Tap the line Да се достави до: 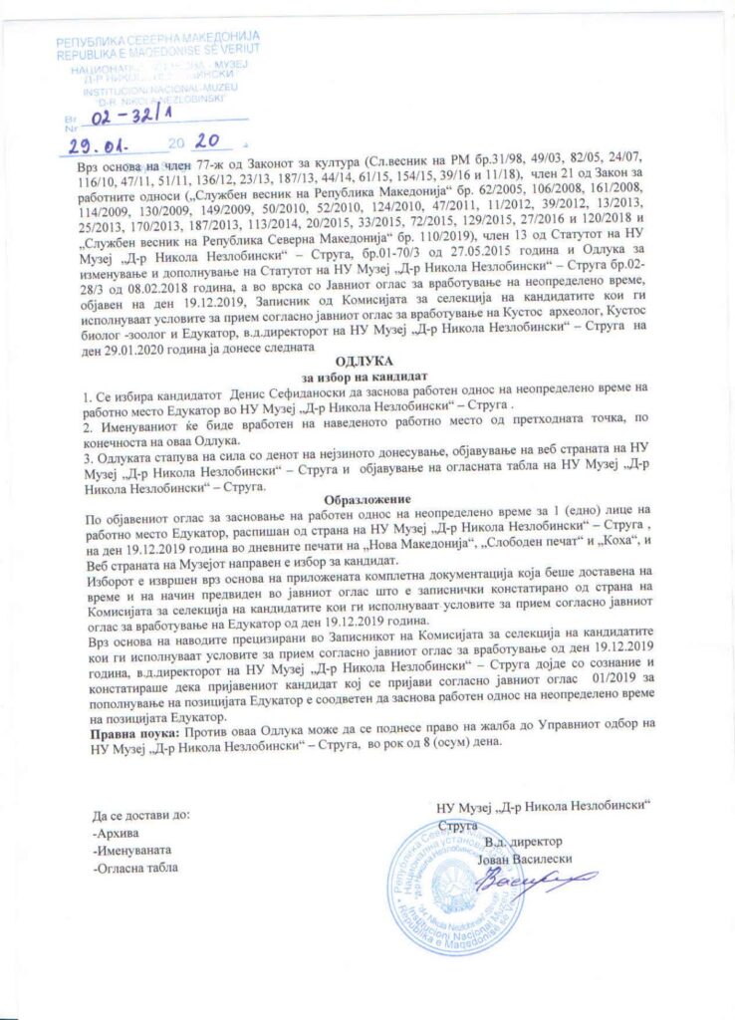pos(139,815)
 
